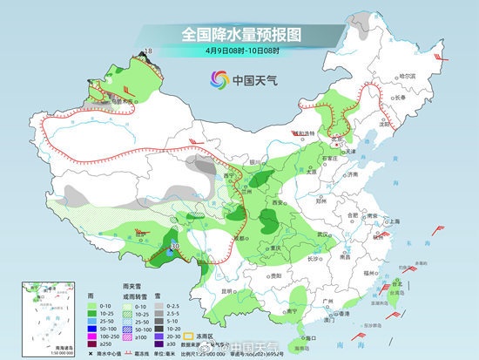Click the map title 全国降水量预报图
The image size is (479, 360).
pos(239,35)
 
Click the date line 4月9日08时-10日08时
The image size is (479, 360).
pos(239,51)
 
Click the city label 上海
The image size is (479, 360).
pos(394,221)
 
